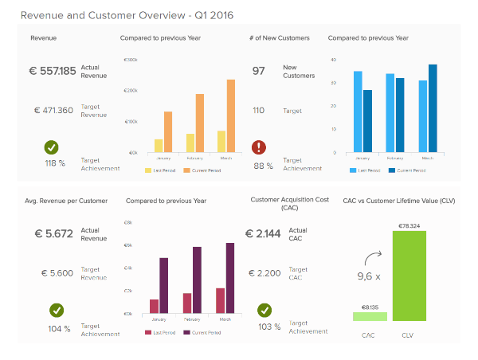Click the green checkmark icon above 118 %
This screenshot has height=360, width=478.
(52, 147)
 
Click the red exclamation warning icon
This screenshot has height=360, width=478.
(259, 147)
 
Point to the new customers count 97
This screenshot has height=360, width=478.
(259, 71)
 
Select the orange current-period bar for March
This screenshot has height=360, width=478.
(230, 115)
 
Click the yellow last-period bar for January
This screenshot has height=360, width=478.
(159, 145)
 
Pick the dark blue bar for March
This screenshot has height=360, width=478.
(433, 108)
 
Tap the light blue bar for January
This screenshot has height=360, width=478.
(358, 112)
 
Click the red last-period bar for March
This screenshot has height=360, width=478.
(220, 300)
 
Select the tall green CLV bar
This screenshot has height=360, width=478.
(409, 276)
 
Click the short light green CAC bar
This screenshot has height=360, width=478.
(370, 316)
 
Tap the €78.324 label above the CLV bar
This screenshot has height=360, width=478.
(409, 225)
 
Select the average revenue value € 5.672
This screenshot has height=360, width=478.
(54, 234)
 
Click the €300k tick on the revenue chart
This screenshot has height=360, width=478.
(131, 60)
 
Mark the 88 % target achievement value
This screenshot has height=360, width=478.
(263, 166)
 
